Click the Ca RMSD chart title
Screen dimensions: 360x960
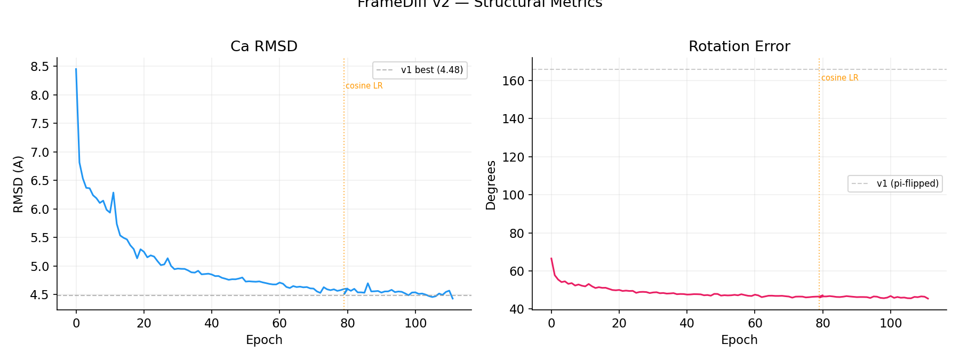pyautogui.click(x=264, y=46)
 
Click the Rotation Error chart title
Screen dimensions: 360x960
pyautogui.click(x=739, y=46)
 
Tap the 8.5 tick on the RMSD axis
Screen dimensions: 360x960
pyautogui.click(x=39, y=67)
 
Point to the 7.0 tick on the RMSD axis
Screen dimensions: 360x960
pyautogui.click(x=39, y=153)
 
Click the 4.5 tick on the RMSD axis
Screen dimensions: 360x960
pyautogui.click(x=39, y=295)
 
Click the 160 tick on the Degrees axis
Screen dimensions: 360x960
pyautogui.click(x=513, y=81)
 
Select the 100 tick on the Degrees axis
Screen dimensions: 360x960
pyautogui.click(x=513, y=195)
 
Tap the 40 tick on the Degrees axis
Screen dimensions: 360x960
pyautogui.click(x=516, y=309)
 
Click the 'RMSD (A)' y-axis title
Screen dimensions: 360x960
pyautogui.click(x=18, y=184)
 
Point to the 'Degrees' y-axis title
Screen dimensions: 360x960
pyautogui.click(x=491, y=185)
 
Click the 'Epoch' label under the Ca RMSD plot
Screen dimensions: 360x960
pyautogui.click(x=264, y=340)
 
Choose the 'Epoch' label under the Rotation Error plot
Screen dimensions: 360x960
pyautogui.click(x=739, y=340)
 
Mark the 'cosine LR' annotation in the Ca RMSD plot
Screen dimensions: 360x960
pyautogui.click(x=364, y=86)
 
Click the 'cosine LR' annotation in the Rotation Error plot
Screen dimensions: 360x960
pyautogui.click(x=840, y=78)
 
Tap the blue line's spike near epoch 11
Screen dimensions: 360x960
pyautogui.click(x=113, y=193)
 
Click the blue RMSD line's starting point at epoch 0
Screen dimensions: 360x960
pyautogui.click(x=76, y=69)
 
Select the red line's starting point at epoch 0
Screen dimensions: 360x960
pyautogui.click(x=551, y=259)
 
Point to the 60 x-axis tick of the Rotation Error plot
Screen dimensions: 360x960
pyautogui.click(x=755, y=323)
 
